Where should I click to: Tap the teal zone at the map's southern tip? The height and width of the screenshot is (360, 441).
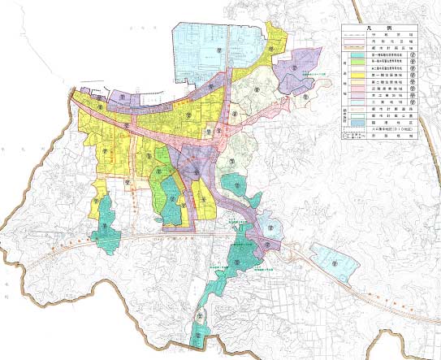click(199, 329)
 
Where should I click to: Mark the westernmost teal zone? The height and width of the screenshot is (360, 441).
click(107, 223)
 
